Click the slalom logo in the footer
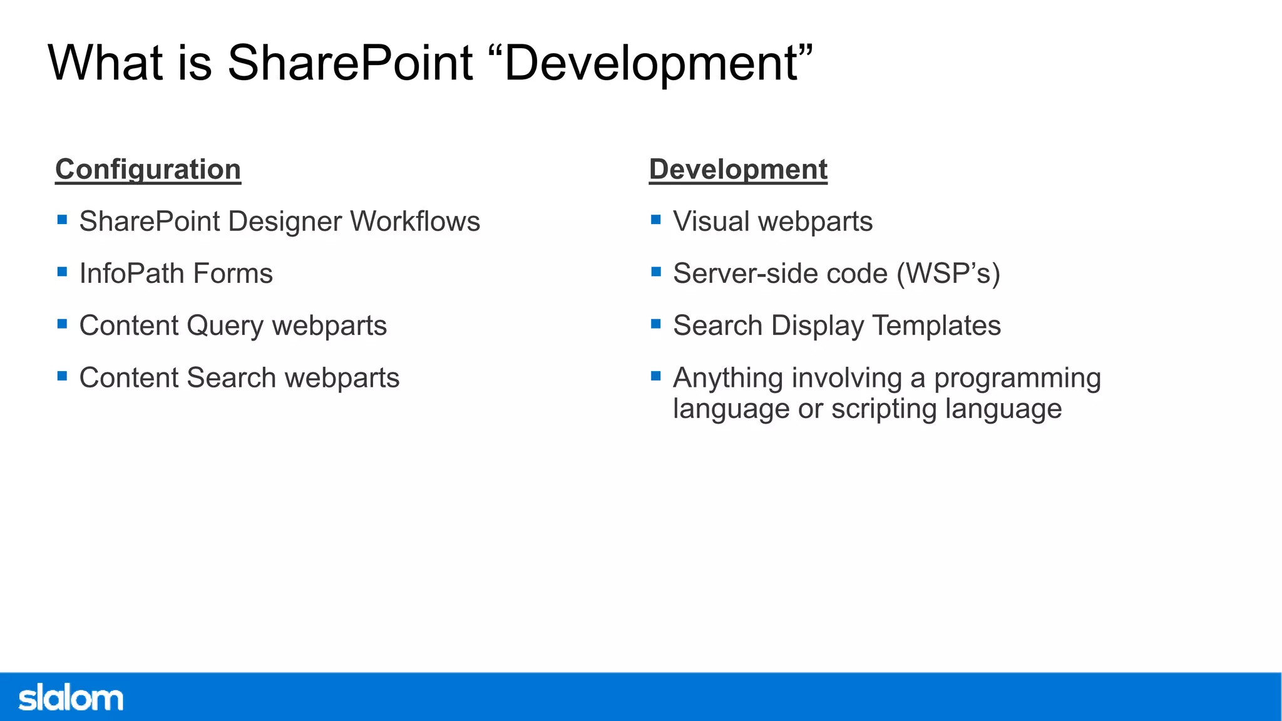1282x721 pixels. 71,698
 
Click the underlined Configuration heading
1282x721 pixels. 148,170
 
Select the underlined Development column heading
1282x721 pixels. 738,170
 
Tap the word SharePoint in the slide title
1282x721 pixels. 349,63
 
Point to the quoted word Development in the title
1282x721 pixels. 651,63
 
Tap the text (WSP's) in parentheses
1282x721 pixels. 948,274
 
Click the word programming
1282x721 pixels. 1017,378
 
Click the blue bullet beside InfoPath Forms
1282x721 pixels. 62,272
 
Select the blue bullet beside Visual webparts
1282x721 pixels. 655,220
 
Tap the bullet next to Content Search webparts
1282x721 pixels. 62,376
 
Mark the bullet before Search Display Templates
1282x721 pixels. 655,324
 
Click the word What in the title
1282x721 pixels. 105,63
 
